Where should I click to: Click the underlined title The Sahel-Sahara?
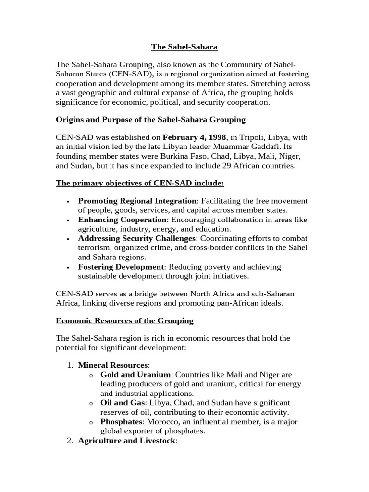click(184, 47)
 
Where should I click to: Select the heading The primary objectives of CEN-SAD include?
click(140, 183)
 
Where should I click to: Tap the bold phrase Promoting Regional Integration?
click(137, 201)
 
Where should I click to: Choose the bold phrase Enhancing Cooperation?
click(118, 220)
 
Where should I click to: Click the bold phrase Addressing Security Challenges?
click(137, 238)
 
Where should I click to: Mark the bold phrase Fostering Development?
click(121, 267)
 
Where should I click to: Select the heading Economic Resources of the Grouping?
click(124, 320)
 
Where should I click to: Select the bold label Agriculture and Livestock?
click(127, 440)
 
